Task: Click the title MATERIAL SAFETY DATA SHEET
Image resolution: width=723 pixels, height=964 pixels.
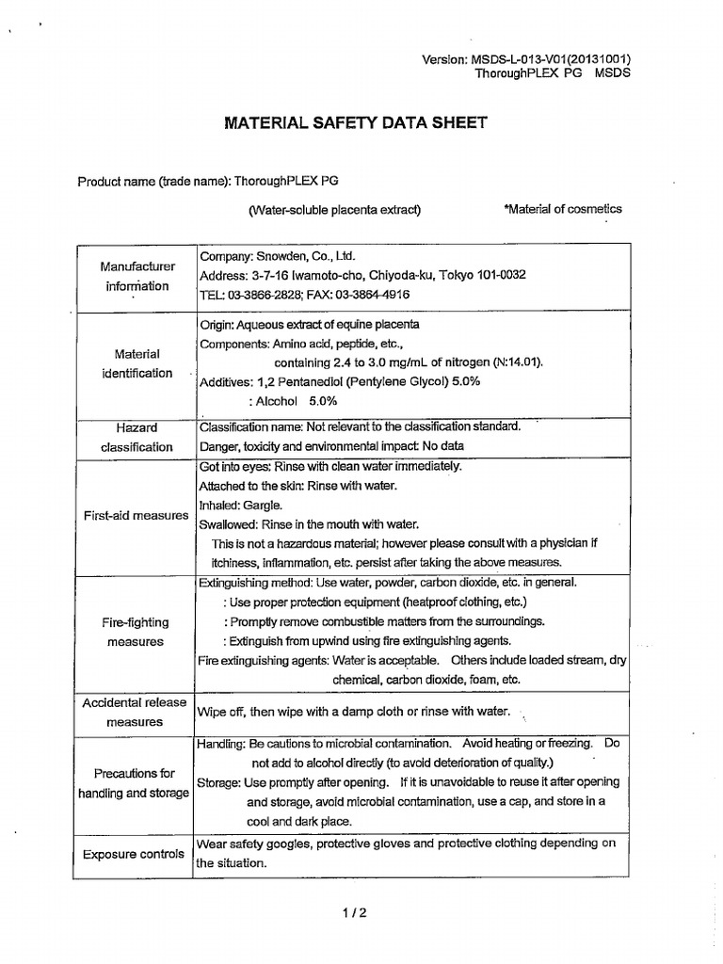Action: pyautogui.click(x=354, y=122)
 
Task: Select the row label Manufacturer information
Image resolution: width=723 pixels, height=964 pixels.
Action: pyautogui.click(x=136, y=276)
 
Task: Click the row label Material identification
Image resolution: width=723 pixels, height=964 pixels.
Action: pyautogui.click(x=137, y=363)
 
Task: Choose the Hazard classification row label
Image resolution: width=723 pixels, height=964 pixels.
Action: pyautogui.click(x=137, y=437)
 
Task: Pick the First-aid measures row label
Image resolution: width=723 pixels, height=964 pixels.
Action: pyautogui.click(x=136, y=516)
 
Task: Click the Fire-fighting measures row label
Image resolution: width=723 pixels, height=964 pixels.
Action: pyautogui.click(x=136, y=632)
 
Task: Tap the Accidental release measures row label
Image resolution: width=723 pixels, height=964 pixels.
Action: pyautogui.click(x=135, y=713)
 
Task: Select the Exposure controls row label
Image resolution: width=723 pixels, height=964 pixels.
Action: pyautogui.click(x=134, y=854)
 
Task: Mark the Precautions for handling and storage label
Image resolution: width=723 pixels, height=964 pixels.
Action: pyautogui.click(x=134, y=783)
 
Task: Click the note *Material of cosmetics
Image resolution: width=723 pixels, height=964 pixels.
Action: pyautogui.click(x=563, y=209)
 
